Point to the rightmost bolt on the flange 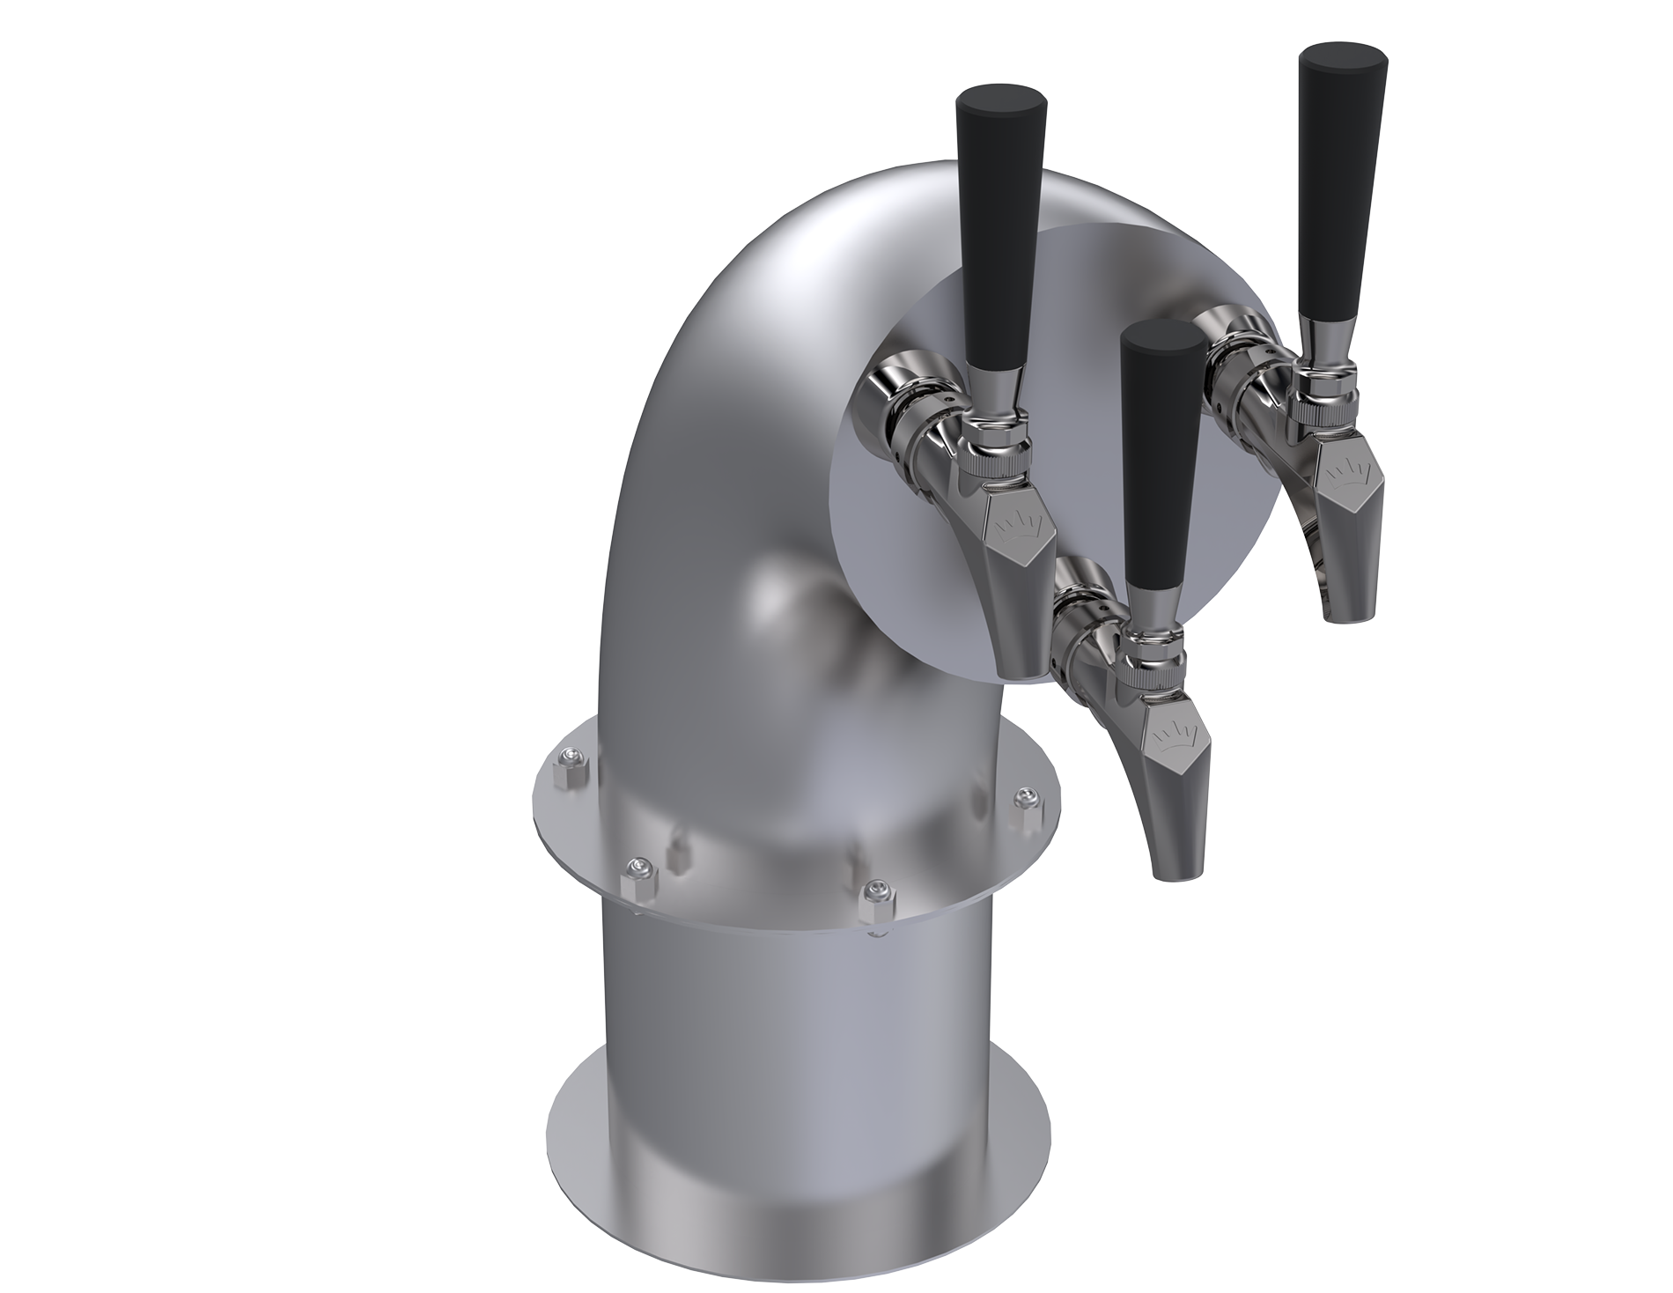(1023, 799)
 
